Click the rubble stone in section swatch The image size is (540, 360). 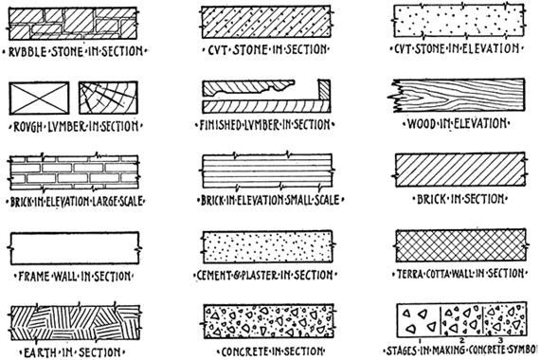(73, 24)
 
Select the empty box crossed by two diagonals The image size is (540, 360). (39, 99)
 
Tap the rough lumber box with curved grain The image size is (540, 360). (108, 98)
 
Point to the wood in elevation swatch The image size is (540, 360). (457, 96)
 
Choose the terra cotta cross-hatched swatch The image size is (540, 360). (460, 245)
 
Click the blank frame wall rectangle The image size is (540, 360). (75, 248)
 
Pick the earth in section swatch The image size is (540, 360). (76, 322)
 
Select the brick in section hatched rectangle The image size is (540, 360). (460, 170)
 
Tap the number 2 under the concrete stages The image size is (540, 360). (462, 341)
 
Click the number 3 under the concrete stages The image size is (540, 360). (501, 341)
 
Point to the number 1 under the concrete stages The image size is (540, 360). (420, 341)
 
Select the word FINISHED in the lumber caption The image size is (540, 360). (219, 125)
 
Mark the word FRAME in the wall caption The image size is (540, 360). (34, 277)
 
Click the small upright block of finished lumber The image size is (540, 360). (324, 90)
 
